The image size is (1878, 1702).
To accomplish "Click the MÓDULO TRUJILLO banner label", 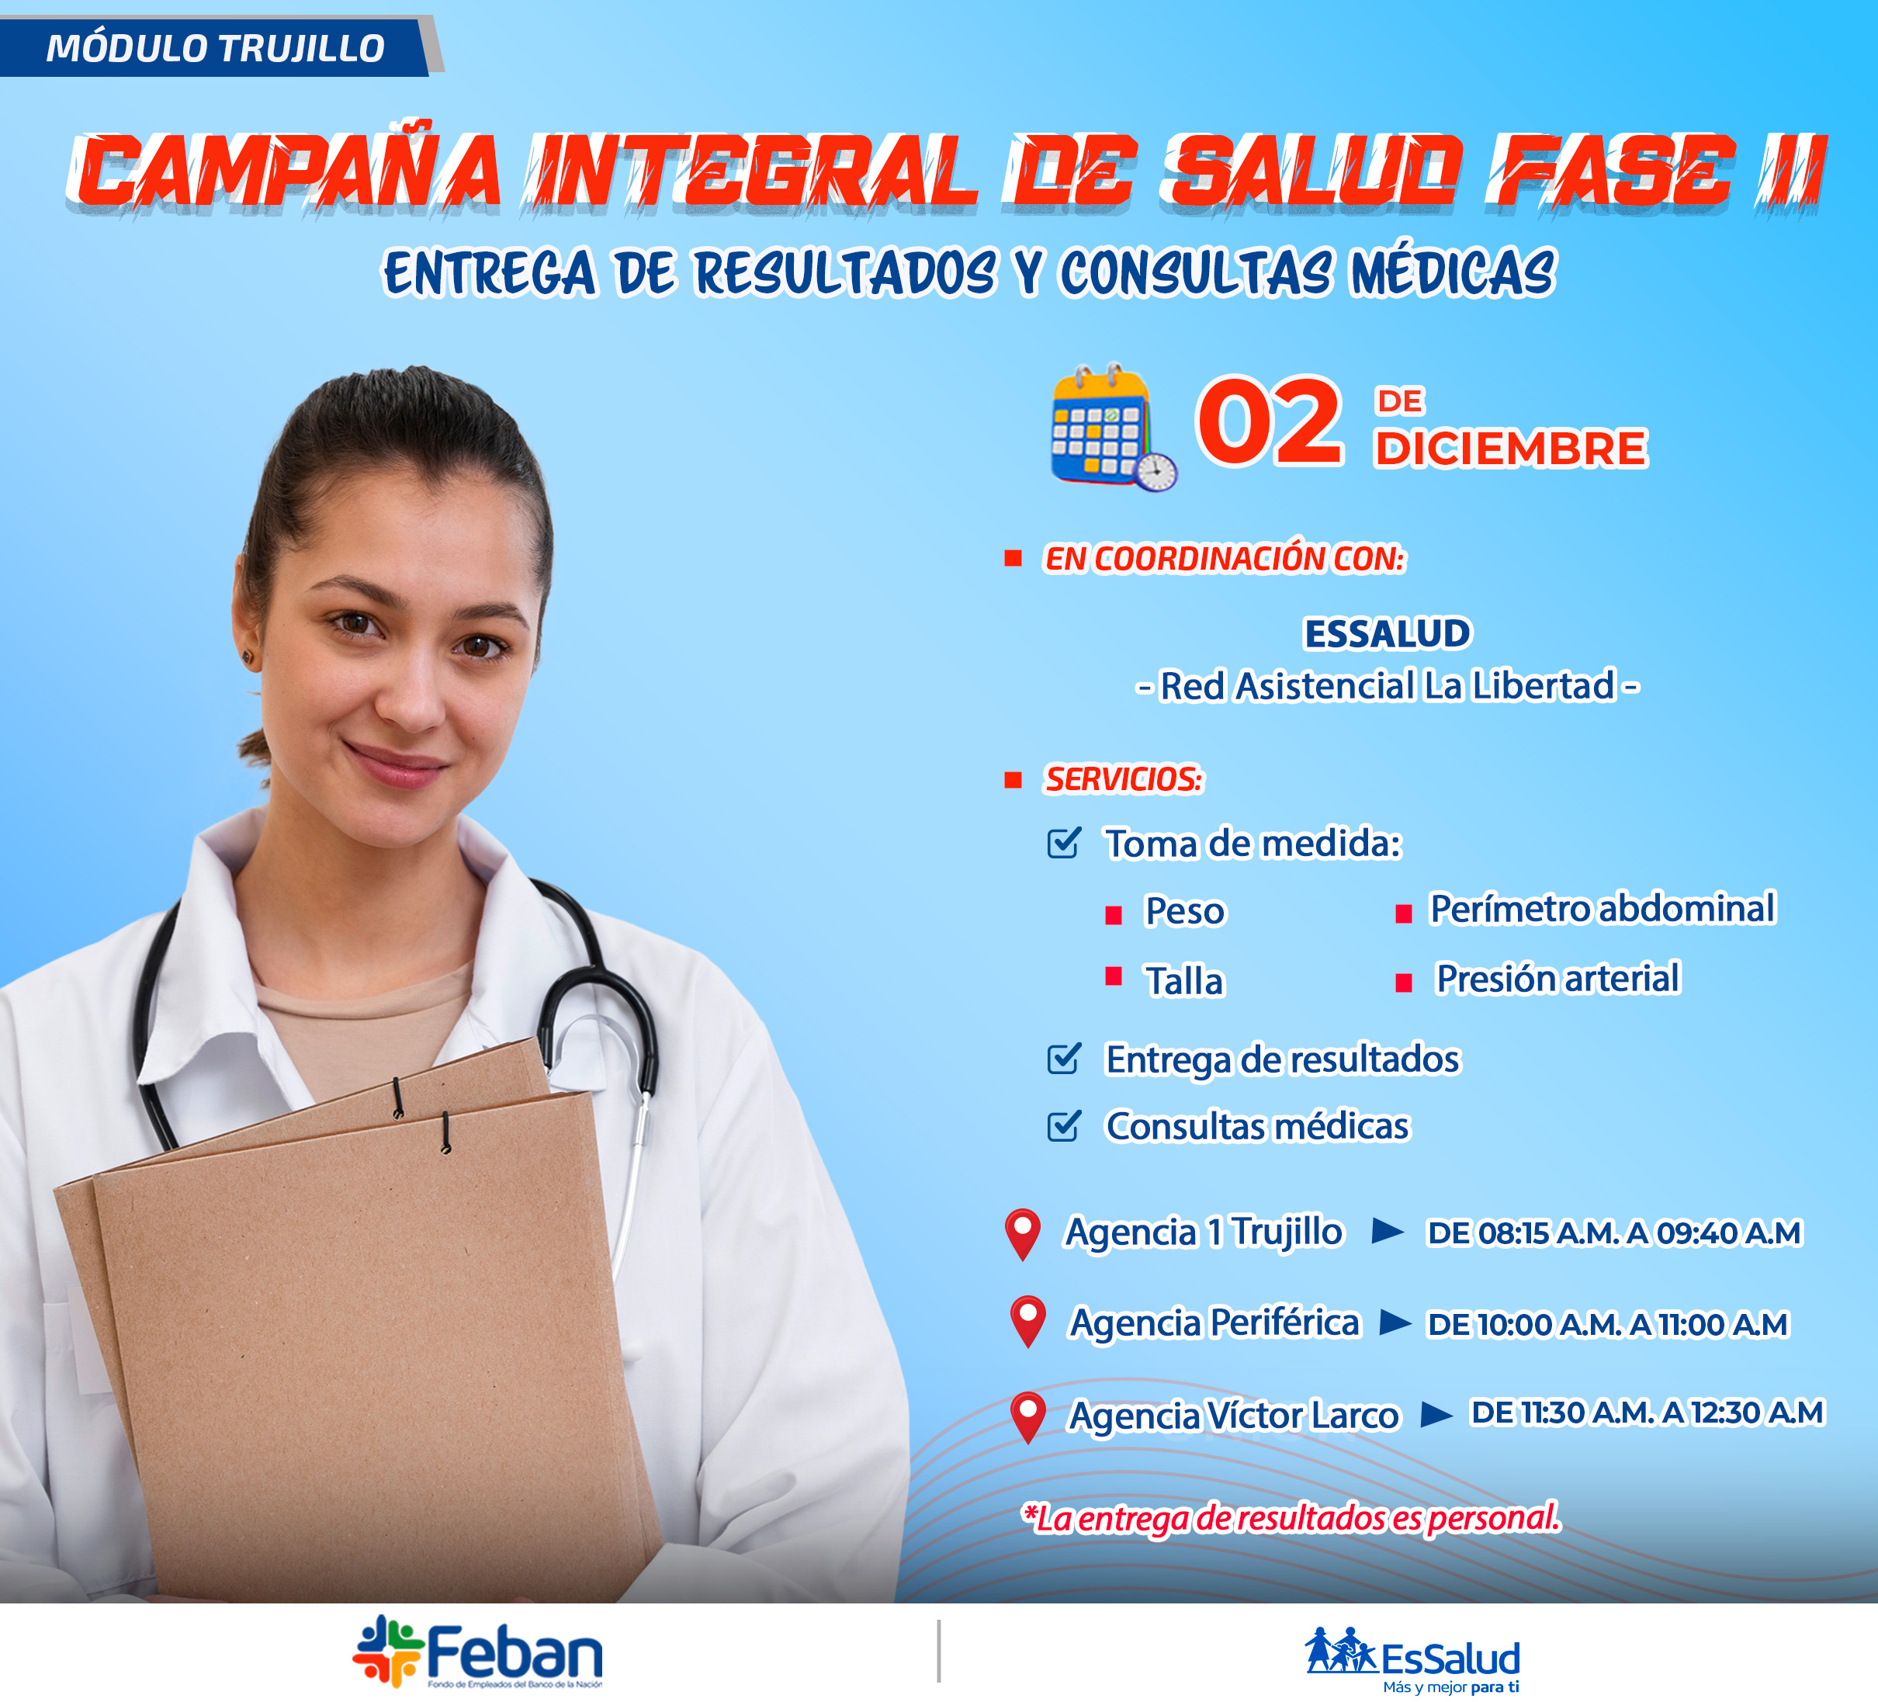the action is [215, 48].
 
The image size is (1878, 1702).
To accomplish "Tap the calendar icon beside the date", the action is [1113, 427].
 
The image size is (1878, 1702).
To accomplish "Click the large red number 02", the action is [1270, 422].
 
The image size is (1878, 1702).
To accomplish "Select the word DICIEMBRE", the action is [1511, 448].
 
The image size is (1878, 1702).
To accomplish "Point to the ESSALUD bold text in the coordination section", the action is [1387, 633].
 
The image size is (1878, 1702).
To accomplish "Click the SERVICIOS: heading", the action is [1124, 778].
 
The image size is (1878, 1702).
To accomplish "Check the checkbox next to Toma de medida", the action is [1064, 842].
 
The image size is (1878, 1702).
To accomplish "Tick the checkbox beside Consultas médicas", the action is [1064, 1125].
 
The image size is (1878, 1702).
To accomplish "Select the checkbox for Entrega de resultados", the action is [1064, 1059].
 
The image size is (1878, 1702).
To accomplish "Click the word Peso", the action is [1184, 911].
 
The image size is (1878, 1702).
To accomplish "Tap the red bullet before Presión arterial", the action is [1403, 983].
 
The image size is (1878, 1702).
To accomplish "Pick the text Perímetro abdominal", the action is [1603, 908].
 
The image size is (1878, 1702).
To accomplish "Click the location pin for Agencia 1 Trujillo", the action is [1023, 1234].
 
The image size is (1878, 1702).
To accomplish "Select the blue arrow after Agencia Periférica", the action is [1395, 1321].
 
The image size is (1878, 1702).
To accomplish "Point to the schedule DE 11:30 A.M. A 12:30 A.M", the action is [1646, 1413].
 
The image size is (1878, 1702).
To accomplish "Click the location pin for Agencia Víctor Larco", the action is [1027, 1418].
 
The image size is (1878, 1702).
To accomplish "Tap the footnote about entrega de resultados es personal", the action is [1291, 1517].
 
